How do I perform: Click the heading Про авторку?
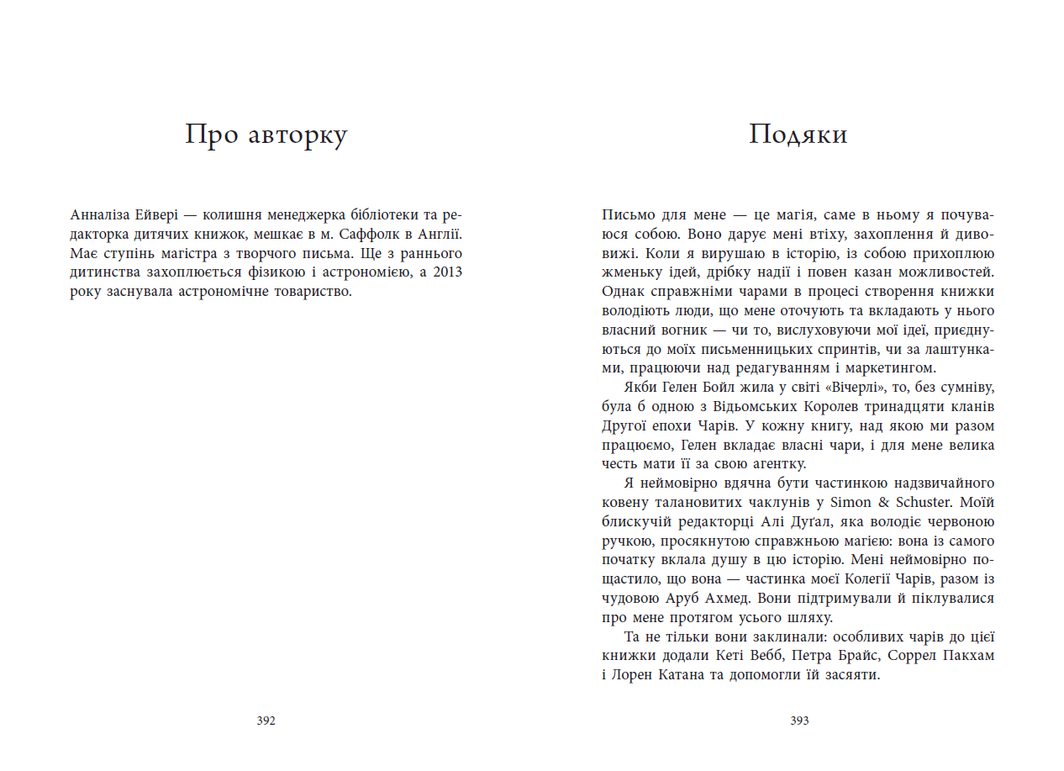pyautogui.click(x=266, y=135)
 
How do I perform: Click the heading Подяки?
pyautogui.click(x=798, y=135)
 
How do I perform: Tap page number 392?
pyautogui.click(x=266, y=721)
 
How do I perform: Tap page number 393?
pyautogui.click(x=799, y=721)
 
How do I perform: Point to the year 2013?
pyautogui.click(x=447, y=272)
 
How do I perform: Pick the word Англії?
pyautogui.click(x=440, y=234)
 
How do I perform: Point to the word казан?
pyautogui.click(x=849, y=272)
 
